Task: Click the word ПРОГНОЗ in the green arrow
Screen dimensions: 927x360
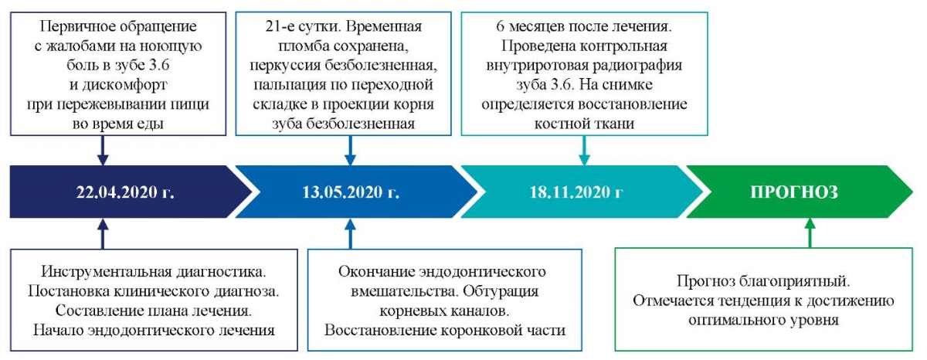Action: tap(794, 192)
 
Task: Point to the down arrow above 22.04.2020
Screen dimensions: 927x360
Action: tap(103, 151)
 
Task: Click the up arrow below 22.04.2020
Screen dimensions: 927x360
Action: tap(103, 234)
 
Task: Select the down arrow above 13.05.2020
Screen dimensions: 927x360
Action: tap(350, 151)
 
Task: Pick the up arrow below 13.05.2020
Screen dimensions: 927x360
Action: tap(350, 234)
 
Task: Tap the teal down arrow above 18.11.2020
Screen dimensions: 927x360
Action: tap(584, 151)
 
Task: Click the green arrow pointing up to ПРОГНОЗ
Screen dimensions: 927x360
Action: tap(810, 233)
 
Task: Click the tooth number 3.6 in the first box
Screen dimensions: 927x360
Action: tap(158, 65)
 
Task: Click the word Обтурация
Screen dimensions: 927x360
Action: tap(501, 291)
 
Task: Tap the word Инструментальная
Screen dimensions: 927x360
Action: tap(107, 272)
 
